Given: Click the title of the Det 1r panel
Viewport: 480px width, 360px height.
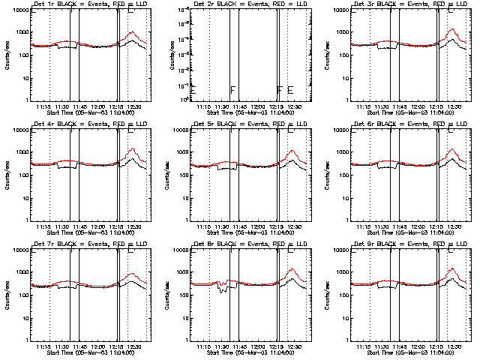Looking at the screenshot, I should (85, 4).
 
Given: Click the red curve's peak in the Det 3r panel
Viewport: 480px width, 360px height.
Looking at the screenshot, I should (453, 29).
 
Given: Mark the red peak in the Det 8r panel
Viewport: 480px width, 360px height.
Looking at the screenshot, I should (292, 269).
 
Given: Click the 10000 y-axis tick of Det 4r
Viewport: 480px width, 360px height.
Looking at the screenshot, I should (19, 130).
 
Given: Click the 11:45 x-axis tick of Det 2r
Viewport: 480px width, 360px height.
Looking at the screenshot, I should (240, 107).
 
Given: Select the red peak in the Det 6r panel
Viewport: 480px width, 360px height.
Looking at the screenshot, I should (453, 149).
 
